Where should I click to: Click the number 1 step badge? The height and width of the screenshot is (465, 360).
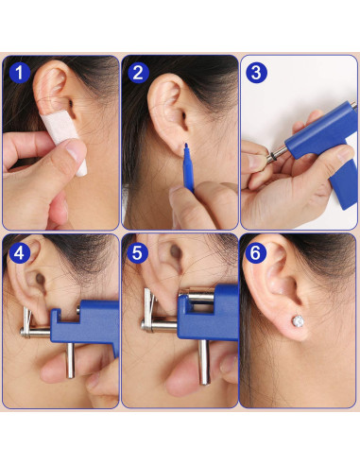point(17,72)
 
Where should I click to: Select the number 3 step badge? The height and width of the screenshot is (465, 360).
point(256,72)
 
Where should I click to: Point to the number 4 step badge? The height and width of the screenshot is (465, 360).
point(17,252)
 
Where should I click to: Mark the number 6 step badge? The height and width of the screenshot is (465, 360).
point(256,252)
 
